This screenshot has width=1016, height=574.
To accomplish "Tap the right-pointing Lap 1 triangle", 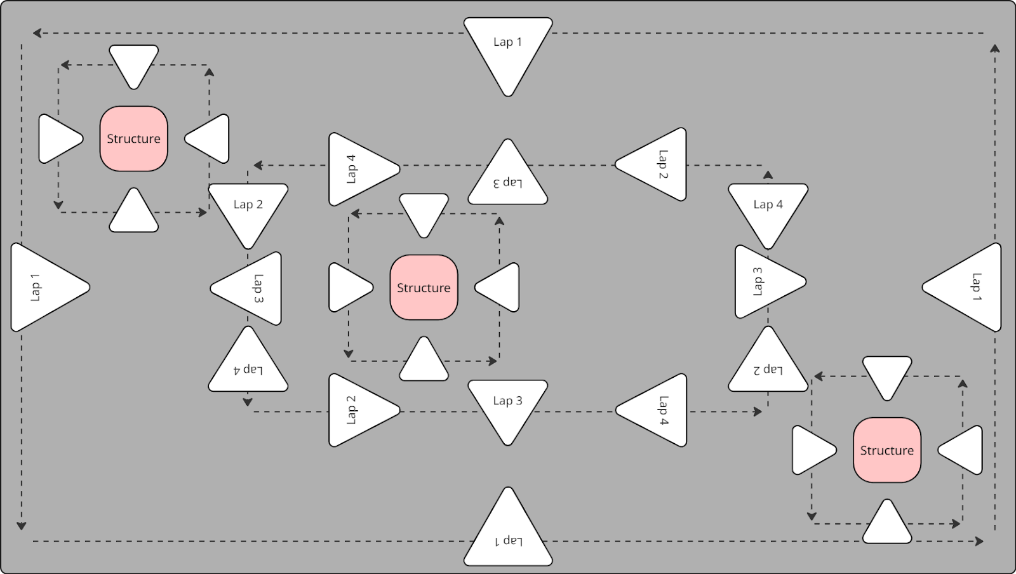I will [x=44, y=288].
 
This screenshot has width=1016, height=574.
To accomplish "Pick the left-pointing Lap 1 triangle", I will [x=968, y=287].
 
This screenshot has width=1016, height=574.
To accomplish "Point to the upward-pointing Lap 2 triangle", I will [x=768, y=364].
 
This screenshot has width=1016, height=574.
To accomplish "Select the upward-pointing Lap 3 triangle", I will [x=508, y=178].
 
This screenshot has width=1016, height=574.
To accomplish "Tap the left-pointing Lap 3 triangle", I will [x=251, y=288].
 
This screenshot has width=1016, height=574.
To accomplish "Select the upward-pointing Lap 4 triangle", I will [x=248, y=364].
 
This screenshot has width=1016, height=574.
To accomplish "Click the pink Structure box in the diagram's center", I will [x=424, y=288].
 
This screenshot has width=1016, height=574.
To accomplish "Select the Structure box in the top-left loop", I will [x=133, y=138].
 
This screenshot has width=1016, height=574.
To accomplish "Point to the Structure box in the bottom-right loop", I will [x=886, y=450].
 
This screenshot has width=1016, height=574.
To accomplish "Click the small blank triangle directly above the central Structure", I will [x=424, y=211].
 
